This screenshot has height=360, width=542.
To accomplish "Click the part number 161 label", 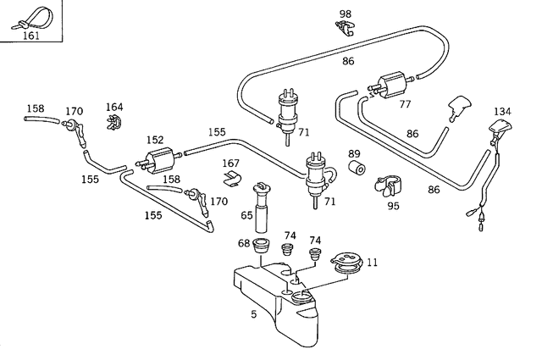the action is point(31,36).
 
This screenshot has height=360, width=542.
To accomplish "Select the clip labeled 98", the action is point(345,28).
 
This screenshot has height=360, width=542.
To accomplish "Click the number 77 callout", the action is point(405,104).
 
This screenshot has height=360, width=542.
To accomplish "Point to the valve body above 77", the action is point(390,84).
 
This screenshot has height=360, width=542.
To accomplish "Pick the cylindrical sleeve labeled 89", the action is point(357,169).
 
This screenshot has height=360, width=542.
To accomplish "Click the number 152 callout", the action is point(154,140).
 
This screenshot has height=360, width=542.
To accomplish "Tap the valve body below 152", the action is point(159,160).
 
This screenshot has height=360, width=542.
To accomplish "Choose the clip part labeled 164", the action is point(114,123).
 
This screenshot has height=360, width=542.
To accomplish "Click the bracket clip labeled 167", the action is point(231,178).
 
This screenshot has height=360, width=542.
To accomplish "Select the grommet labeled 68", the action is point(261,246).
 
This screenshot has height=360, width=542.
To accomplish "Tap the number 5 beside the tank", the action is point(254,314).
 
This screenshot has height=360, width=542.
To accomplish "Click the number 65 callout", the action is point(246,215).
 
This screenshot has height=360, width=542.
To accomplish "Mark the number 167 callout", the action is point(230,163).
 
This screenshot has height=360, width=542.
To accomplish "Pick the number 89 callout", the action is point(354,153).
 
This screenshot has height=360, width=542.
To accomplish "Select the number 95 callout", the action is point(393,206).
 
